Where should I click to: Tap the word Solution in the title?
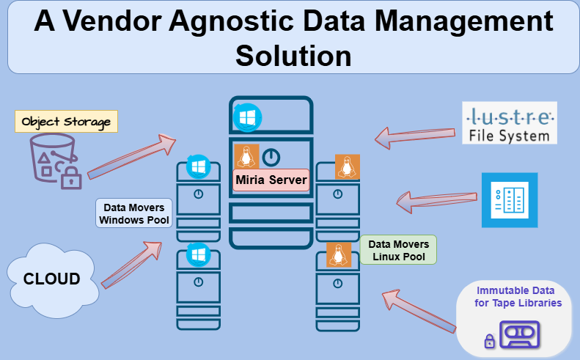point(293,55)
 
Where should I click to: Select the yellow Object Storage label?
point(66,122)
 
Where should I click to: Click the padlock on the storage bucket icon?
point(71,177)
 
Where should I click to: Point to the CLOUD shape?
point(51,279)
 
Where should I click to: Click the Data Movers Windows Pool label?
point(134,213)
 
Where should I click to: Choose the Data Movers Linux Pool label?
point(398,250)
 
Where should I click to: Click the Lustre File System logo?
point(510,122)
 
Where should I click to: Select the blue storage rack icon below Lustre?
point(509,200)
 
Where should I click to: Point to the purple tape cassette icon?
point(519,334)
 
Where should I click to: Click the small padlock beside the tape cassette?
point(488,340)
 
